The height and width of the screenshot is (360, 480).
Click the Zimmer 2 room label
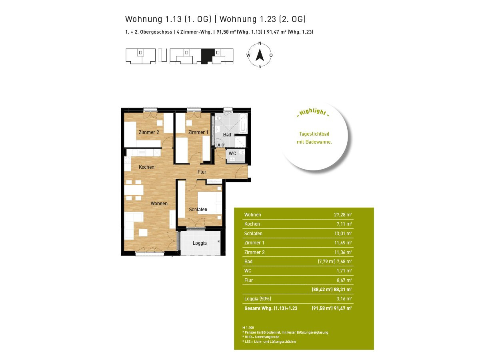pos(149,132)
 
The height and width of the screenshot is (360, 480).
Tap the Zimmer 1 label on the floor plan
pos(198,132)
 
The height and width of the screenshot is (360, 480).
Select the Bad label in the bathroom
pos(227,135)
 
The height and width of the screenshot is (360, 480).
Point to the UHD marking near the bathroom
pos(220,145)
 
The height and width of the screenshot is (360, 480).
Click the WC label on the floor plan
pos(232,154)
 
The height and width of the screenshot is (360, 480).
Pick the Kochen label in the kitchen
pos(146,167)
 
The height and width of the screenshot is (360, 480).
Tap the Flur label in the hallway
pos(202,172)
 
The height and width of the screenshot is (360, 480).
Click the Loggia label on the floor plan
pos(200,243)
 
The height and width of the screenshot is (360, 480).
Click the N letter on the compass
pos(260,43)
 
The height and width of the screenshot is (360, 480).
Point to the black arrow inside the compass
pos(260,55)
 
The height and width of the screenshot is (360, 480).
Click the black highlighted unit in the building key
pos(207,56)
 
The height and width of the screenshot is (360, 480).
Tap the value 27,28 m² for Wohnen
pos(343,215)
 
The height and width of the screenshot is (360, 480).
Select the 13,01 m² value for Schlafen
pos(343,234)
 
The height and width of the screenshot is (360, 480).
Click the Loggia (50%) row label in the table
pos(258,298)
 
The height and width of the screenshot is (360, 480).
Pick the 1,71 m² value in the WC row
pos(344,271)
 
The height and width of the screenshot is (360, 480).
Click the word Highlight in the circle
pos(313,112)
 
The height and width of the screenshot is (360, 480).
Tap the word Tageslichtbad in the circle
pos(314,134)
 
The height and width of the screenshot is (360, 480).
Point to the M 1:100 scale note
pos(248,328)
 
